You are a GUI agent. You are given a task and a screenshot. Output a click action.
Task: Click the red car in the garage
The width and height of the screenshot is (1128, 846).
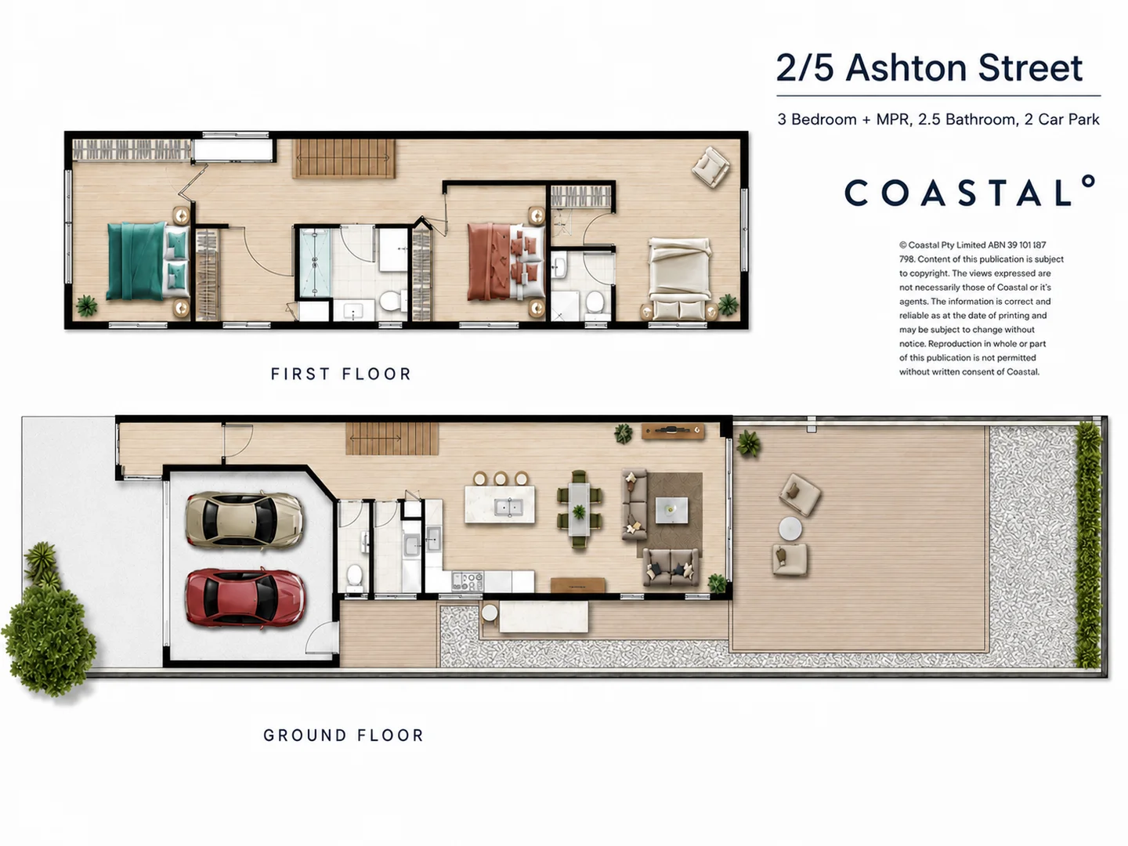point(245,598)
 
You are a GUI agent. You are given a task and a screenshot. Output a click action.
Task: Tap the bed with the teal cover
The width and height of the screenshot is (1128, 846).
point(147,261)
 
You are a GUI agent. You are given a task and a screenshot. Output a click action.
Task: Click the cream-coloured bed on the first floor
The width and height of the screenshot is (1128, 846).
point(679,278)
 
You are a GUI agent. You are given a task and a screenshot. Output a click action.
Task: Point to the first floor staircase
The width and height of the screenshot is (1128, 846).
point(344,159)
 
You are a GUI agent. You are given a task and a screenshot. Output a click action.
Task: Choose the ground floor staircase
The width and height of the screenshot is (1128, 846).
point(392,439)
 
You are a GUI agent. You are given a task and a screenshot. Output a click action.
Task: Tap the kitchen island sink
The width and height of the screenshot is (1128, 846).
point(508,508)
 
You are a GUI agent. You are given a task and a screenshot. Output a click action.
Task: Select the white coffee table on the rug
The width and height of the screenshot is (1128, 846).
point(671,510)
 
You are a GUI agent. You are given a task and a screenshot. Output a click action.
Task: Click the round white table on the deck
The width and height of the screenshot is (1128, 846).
point(790,529)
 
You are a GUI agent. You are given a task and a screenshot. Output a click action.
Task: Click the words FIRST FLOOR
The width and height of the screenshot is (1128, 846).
point(342,374)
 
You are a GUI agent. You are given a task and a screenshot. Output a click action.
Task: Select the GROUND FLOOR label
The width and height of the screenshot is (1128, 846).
point(343,736)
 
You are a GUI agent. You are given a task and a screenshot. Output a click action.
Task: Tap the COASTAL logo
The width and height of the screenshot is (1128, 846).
point(970,191)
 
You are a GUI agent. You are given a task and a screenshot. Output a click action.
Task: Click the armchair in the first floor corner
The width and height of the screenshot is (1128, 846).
point(710,166)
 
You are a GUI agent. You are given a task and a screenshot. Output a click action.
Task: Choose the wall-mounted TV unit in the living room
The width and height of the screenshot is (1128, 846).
point(673,431)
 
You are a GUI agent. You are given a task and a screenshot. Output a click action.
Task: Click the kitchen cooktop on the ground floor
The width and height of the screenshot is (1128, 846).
point(467,581)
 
